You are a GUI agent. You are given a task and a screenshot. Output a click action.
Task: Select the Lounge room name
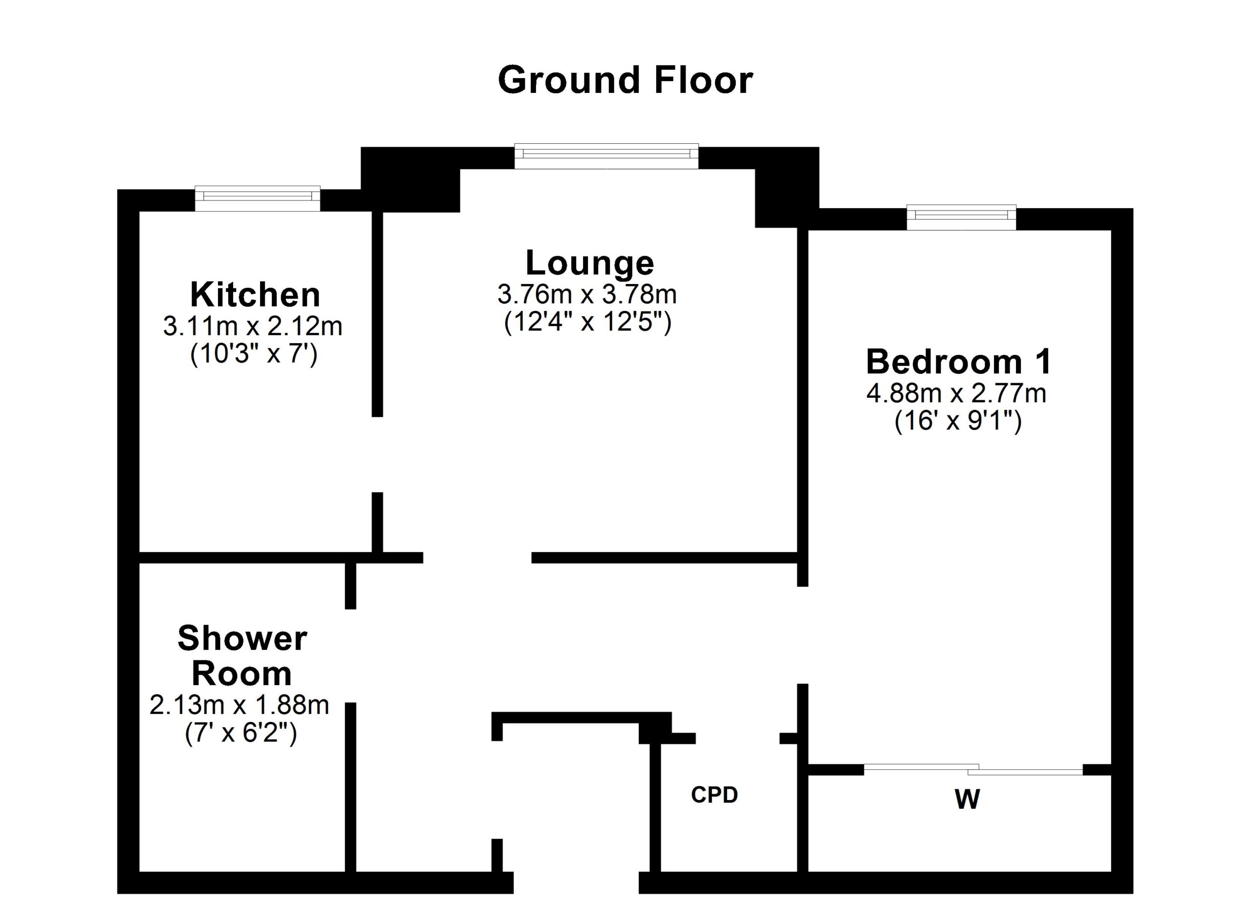click(590, 263)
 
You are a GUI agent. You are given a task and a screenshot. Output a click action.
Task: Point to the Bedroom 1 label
click(959, 362)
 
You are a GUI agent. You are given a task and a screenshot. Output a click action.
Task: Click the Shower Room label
click(242, 656)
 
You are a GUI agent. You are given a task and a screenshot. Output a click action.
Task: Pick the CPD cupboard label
click(714, 795)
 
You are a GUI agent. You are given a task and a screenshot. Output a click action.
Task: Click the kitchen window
click(258, 198)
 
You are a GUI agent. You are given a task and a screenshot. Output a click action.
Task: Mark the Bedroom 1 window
click(961, 217)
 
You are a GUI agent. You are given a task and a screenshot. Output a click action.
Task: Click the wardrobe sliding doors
click(973, 769)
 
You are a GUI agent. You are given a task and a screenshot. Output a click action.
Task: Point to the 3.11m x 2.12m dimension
click(253, 326)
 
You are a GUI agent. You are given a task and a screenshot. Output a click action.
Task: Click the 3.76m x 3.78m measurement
click(587, 295)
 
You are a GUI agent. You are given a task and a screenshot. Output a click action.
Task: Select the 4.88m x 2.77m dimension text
click(956, 394)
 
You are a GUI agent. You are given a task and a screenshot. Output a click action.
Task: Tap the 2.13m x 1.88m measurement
click(239, 705)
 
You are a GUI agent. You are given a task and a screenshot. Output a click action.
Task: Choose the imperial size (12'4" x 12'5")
click(588, 322)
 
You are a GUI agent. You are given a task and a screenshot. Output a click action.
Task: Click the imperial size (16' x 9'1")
click(958, 421)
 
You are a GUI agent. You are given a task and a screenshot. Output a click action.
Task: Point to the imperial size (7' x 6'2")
click(241, 733)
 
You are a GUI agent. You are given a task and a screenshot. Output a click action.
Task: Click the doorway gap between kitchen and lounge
click(377, 455)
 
